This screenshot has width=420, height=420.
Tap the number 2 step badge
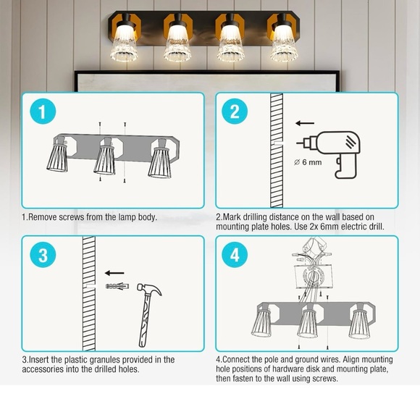[235, 112]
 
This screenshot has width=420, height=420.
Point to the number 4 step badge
[235, 255]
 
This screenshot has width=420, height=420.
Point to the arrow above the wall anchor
[114, 274]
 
